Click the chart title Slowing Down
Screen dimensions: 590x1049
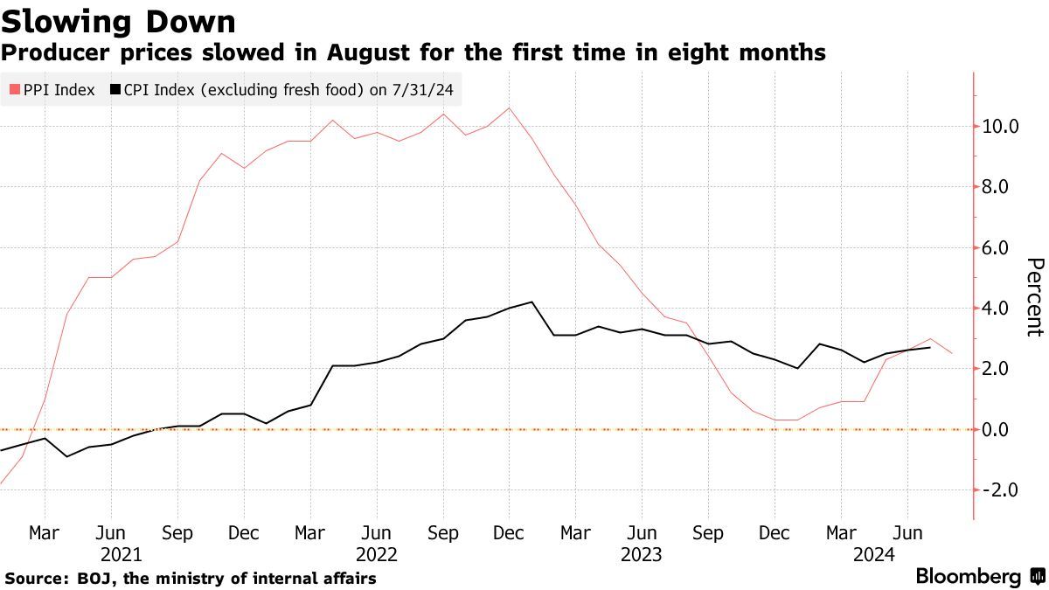click(x=119, y=21)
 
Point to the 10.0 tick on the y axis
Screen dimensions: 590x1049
click(x=1001, y=126)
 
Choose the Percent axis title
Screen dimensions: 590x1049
click(x=1034, y=297)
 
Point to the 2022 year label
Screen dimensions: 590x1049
click(x=377, y=554)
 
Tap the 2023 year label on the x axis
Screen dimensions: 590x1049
click(x=641, y=554)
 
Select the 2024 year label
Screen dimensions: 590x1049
click(x=874, y=554)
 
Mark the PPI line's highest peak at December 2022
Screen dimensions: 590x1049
click(x=510, y=108)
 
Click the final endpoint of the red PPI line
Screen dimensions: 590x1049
click(x=952, y=353)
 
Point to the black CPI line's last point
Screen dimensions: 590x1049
click(x=929, y=348)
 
